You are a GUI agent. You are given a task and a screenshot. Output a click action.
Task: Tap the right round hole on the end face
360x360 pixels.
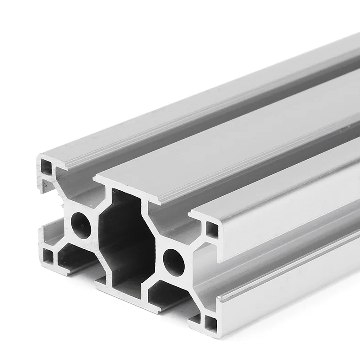tap(174, 261)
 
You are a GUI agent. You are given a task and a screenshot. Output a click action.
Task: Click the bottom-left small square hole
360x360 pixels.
tap(48, 254)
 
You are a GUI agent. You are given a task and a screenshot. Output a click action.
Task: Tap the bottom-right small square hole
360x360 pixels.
tap(211, 323)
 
